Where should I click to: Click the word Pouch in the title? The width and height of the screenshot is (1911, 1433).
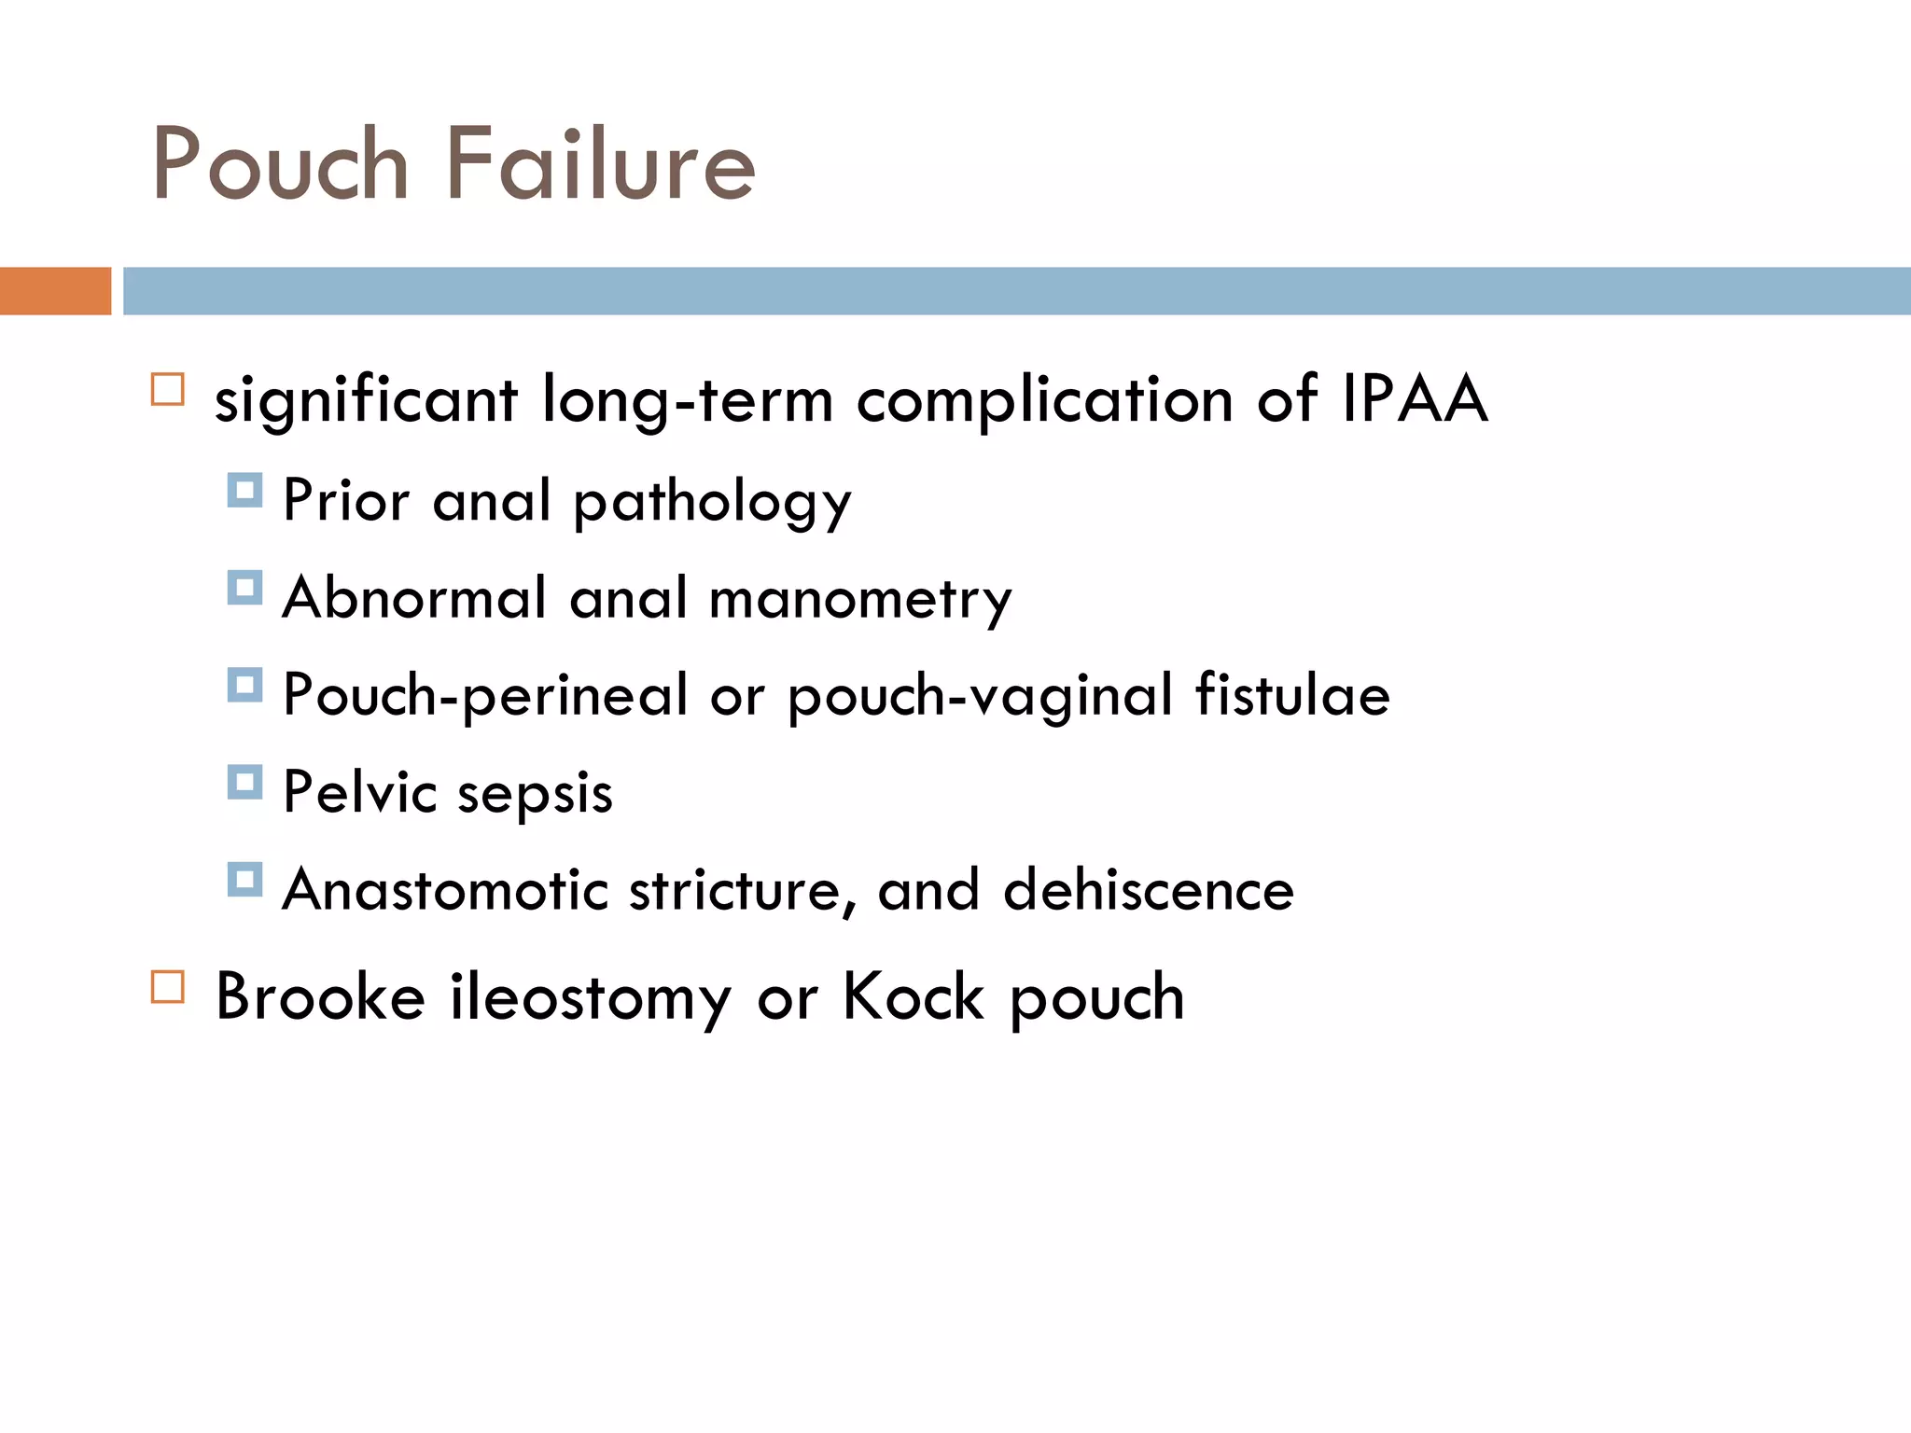click(x=280, y=166)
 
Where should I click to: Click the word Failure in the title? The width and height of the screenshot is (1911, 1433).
click(x=600, y=166)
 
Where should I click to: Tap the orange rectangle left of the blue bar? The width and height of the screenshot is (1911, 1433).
click(x=55, y=291)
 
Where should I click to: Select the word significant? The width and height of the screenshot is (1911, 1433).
click(x=366, y=402)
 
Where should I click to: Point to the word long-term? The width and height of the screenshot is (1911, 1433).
click(x=688, y=402)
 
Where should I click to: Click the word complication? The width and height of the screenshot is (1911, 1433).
click(x=1045, y=402)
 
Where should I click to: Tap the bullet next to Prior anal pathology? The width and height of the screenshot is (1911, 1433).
click(x=244, y=490)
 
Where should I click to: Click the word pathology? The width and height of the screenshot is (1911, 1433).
click(x=712, y=503)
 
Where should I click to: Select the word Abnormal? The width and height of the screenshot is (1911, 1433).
click(x=414, y=598)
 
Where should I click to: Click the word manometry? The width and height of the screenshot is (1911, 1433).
click(x=860, y=600)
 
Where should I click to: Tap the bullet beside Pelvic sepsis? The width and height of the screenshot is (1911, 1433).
click(x=244, y=782)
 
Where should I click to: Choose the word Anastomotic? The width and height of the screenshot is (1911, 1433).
click(x=445, y=889)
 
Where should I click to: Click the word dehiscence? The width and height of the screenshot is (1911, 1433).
click(x=1149, y=889)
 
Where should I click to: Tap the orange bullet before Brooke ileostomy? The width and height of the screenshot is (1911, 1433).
click(x=168, y=986)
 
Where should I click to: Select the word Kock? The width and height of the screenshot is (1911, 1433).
click(x=913, y=996)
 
